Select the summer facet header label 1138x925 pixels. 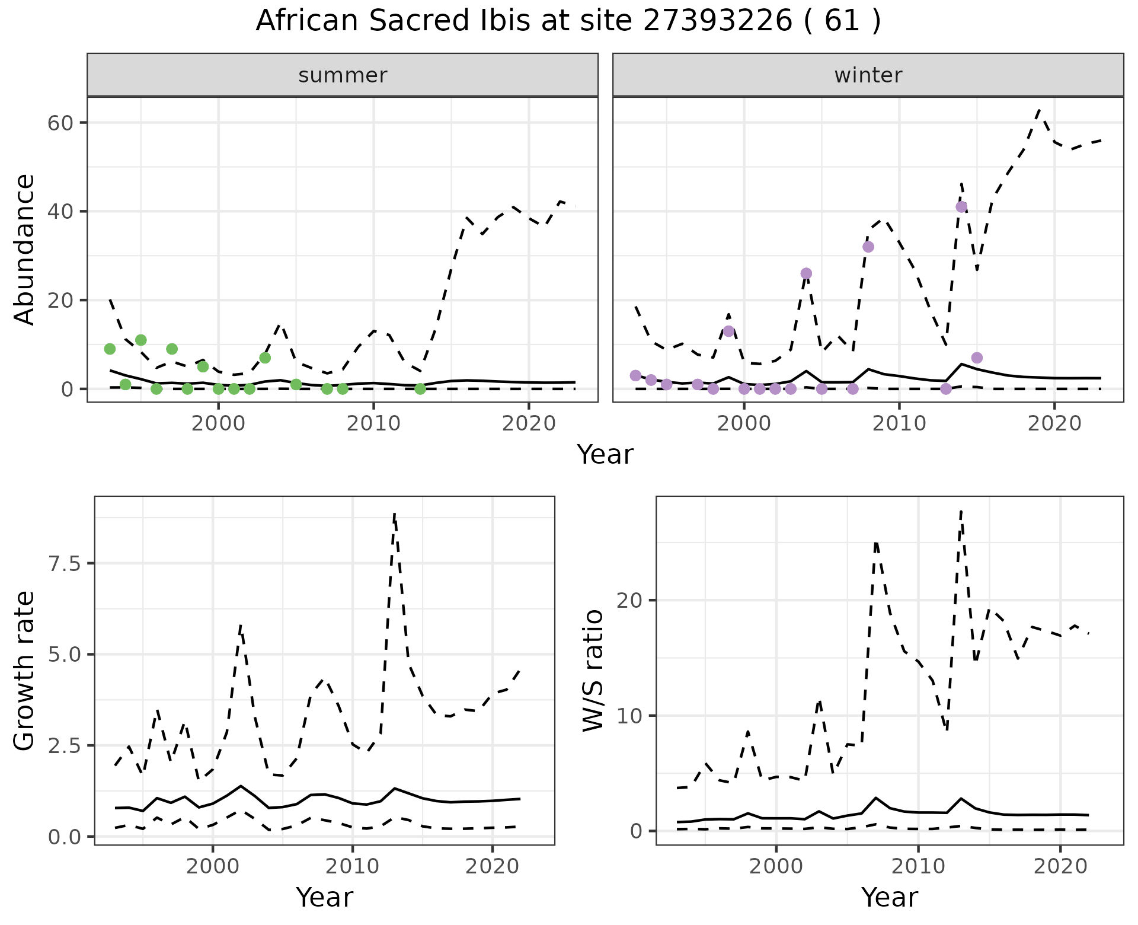343,75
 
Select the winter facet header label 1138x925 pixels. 868,75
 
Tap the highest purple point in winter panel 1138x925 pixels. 961,207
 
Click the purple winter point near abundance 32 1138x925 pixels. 868,247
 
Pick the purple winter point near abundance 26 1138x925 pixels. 806,273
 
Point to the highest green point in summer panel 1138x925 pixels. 141,340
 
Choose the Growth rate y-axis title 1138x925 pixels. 25,670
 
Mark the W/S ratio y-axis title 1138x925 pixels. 593,670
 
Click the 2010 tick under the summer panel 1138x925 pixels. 373,423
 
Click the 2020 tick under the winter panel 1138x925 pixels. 1054,423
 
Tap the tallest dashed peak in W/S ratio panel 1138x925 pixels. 961,511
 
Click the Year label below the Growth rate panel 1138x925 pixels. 324,897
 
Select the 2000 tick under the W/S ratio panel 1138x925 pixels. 776,866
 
